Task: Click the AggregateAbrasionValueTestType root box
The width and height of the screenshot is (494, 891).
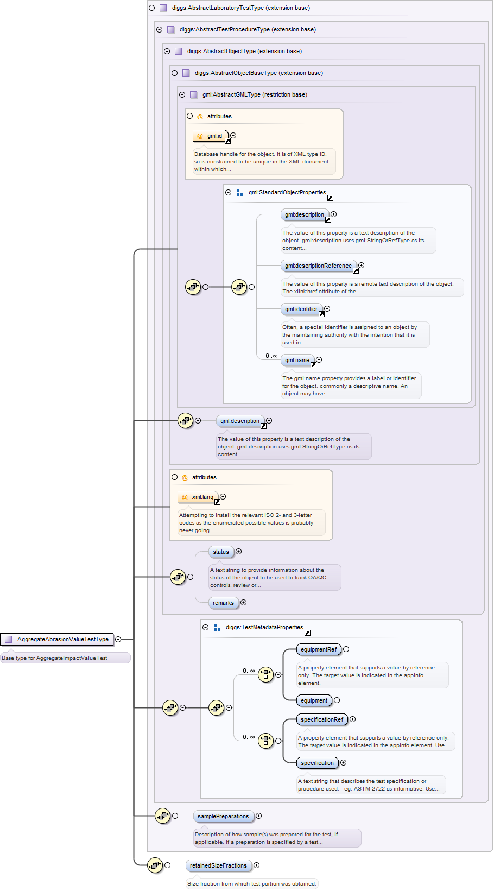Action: click(57, 639)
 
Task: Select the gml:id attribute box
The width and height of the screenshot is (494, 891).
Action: click(210, 136)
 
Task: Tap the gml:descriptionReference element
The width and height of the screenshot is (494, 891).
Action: click(318, 266)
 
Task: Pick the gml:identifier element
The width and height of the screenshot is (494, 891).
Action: click(301, 309)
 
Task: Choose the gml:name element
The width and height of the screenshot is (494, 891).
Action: click(297, 360)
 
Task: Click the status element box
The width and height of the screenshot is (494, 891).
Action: click(221, 552)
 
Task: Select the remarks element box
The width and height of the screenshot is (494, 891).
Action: click(223, 603)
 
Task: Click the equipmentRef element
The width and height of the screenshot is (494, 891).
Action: click(319, 649)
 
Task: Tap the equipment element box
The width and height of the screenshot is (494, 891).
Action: click(314, 700)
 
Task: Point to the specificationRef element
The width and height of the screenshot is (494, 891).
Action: click(322, 719)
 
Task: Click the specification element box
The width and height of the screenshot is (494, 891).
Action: click(317, 763)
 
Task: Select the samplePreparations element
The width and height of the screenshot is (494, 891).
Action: click(223, 816)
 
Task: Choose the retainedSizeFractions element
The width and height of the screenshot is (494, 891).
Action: click(218, 865)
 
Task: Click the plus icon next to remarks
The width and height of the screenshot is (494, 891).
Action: click(243, 603)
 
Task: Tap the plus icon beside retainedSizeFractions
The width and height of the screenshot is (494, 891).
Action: click(257, 865)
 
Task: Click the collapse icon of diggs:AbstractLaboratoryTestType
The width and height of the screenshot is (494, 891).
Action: click(151, 8)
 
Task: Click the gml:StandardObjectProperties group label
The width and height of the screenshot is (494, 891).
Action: click(287, 192)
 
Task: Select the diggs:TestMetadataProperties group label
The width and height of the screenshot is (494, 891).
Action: click(264, 627)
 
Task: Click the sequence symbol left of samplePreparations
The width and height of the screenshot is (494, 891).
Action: click(162, 816)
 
